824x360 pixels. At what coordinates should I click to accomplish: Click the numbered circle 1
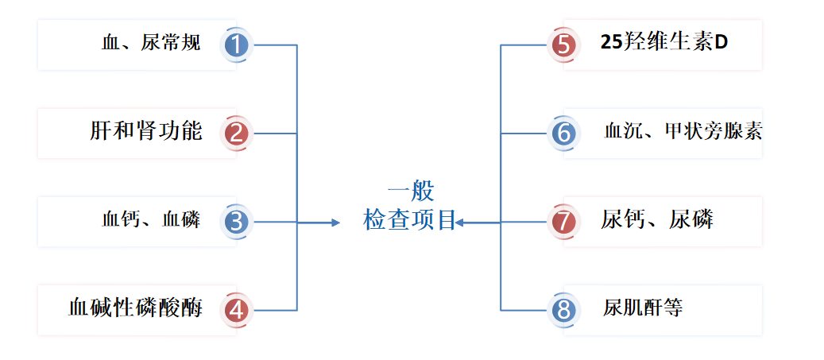pos(237,45)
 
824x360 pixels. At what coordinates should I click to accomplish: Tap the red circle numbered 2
pos(237,133)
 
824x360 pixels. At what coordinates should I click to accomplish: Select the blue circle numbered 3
pos(237,222)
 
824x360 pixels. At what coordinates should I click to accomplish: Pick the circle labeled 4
pos(237,310)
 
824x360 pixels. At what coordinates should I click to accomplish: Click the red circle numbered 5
pos(563,45)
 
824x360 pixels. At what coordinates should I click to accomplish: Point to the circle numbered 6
pos(563,133)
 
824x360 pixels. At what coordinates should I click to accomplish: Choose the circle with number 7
pos(563,222)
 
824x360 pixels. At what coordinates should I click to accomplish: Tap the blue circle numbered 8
pos(563,310)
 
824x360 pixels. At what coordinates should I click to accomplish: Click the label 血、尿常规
pos(151,44)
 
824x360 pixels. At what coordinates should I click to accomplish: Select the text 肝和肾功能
pos(146,131)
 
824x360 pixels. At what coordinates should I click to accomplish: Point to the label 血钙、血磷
pos(151,220)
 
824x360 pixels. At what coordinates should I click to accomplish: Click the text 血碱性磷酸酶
pos(135,308)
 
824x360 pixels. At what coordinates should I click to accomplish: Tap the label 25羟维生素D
pos(664,43)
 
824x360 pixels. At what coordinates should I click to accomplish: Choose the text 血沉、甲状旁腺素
pos(683,132)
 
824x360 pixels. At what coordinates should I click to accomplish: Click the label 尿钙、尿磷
pos(657,219)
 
